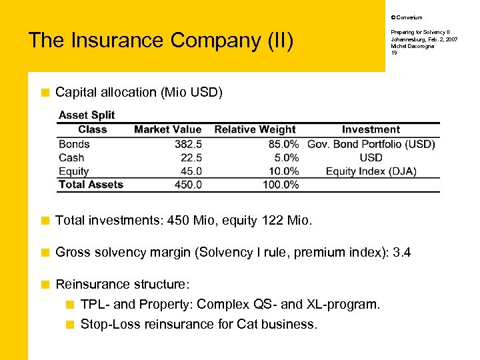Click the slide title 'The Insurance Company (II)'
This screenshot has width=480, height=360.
[161, 41]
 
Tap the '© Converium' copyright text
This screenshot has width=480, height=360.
[406, 17]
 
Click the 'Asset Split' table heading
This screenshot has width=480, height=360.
[87, 115]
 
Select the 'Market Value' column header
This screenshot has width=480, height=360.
[167, 129]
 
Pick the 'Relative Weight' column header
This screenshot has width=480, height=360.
[255, 129]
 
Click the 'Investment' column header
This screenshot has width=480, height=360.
[371, 129]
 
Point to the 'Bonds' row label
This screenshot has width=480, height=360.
[74, 144]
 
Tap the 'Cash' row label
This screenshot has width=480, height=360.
[71, 158]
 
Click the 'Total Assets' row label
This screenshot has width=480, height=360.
[91, 185]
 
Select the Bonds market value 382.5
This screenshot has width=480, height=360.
[188, 144]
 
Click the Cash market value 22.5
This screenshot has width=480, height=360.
[191, 158]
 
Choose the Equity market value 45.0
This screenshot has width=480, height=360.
[191, 171]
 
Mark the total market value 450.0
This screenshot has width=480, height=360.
[188, 185]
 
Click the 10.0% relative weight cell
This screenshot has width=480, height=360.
[281, 171]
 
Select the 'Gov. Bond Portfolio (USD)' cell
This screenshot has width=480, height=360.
[371, 144]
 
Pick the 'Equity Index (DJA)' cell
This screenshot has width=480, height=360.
[371, 171]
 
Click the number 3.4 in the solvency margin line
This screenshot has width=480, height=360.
[403, 252]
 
